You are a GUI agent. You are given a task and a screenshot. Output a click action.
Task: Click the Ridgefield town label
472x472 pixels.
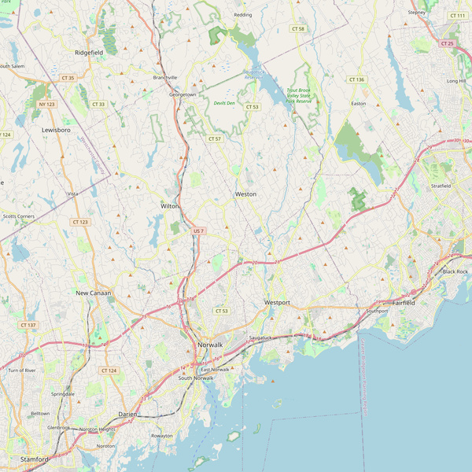89,52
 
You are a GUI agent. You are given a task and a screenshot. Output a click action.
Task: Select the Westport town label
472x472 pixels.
277,302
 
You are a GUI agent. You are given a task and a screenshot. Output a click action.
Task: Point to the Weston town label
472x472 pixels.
245,194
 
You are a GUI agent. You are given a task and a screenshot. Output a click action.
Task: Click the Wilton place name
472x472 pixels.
170,205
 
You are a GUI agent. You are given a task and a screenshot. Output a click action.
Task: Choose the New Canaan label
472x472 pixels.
93,293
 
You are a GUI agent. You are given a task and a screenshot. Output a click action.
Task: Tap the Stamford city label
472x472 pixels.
35,458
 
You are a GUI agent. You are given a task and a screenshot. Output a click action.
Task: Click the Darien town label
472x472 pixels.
127,414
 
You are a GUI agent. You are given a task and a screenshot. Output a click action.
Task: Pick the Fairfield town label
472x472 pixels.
404,302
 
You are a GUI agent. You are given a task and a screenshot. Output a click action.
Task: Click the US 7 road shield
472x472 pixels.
198,230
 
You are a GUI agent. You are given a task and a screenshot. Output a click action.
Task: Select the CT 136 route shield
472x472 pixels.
356,79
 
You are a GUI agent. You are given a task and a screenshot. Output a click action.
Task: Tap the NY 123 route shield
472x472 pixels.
46,104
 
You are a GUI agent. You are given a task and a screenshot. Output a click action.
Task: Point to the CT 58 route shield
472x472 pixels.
297,29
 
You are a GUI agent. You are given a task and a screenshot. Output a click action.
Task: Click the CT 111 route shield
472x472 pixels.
457,16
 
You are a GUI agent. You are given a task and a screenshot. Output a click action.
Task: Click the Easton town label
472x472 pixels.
359,103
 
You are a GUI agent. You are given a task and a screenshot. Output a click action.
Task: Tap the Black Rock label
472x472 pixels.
455,271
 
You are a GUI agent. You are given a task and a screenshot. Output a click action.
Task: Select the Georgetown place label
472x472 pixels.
183,94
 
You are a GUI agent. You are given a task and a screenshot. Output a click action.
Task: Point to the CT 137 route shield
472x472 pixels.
28,325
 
